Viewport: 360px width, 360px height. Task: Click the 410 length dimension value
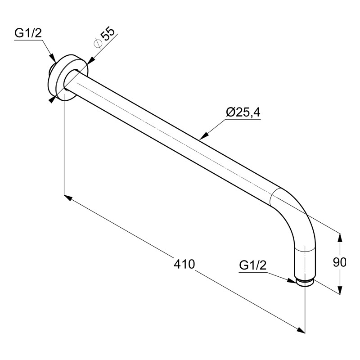(184, 264)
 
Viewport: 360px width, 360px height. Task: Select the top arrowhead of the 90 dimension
(340, 236)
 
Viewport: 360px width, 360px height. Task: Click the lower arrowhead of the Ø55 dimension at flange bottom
(53, 99)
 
